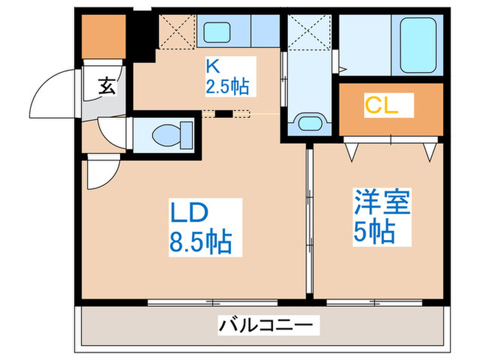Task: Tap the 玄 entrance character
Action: pos(107,86)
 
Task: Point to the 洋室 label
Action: pos(382,204)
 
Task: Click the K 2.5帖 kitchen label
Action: pos(226,77)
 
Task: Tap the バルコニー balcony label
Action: pos(267,322)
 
